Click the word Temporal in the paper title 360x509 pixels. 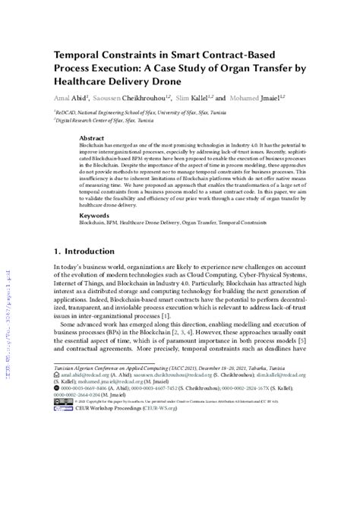point(78,55)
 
